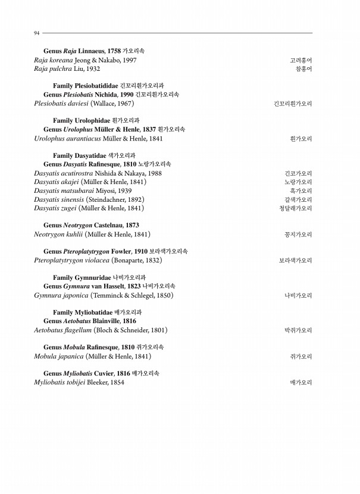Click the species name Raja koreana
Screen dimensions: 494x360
point(54,61)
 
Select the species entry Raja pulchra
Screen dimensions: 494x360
point(52,69)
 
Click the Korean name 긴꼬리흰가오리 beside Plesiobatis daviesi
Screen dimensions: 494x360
point(293,104)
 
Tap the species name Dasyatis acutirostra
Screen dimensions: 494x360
point(66,173)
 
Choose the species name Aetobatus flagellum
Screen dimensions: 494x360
point(63,330)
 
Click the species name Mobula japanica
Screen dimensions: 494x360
point(59,357)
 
